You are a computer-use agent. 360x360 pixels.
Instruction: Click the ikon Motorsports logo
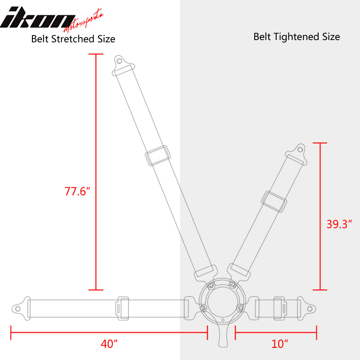pyautogui.click(x=52, y=18)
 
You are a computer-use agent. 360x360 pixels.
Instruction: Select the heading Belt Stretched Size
pyautogui.click(x=73, y=39)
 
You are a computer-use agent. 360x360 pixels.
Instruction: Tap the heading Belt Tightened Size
pyautogui.click(x=297, y=36)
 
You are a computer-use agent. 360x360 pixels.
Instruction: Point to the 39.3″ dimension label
pyautogui.click(x=339, y=224)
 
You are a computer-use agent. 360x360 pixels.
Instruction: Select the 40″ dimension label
pyautogui.click(x=109, y=344)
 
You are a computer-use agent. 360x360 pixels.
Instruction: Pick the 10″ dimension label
pyautogui.click(x=279, y=344)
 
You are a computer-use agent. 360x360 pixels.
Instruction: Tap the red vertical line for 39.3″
pyautogui.click(x=320, y=216)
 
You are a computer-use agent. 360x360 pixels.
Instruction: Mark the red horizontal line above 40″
pyautogui.click(x=108, y=333)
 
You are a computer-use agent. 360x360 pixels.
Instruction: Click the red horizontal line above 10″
pyautogui.click(x=276, y=333)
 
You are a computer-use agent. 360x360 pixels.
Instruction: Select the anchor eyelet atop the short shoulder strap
pyautogui.click(x=299, y=149)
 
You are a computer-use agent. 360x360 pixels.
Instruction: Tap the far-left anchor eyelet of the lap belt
pyautogui.click(x=17, y=308)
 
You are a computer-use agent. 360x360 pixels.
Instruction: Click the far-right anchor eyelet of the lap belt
pyautogui.click(x=310, y=308)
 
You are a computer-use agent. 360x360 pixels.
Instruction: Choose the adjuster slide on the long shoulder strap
pyautogui.click(x=157, y=156)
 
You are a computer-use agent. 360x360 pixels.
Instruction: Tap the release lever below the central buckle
pyautogui.click(x=223, y=338)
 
